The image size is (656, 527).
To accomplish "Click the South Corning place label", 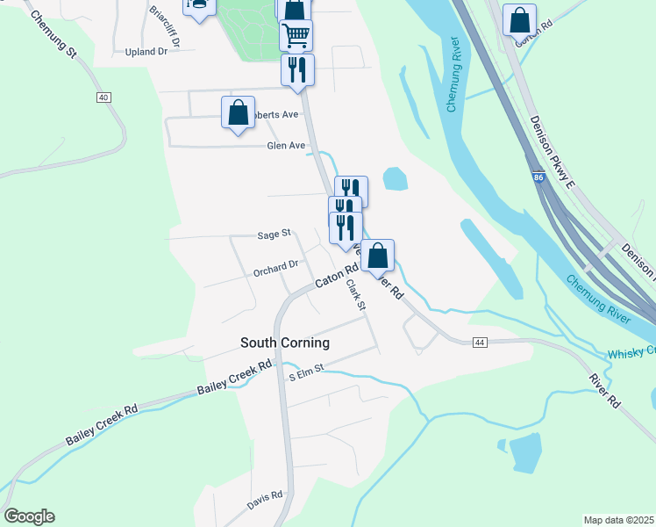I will tap(285, 343).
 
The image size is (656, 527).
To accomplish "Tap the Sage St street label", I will tap(274, 235).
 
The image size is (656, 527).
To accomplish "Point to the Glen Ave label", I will tap(286, 146).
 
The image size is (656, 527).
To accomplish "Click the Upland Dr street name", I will tap(146, 52).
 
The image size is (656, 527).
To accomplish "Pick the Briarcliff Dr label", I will tap(165, 26).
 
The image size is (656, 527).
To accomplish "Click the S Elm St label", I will tap(307, 372).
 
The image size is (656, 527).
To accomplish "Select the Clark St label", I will tap(354, 293).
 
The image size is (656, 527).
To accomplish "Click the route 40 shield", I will tap(104, 97).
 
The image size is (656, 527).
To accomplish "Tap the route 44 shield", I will tap(479, 341).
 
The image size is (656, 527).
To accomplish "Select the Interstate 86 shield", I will tap(538, 177).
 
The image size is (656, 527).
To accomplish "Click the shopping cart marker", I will tap(296, 35).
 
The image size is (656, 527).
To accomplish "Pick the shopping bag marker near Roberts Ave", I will tap(238, 113).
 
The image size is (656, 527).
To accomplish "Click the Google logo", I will tap(29, 516).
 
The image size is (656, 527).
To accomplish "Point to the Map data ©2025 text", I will tap(618, 520).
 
